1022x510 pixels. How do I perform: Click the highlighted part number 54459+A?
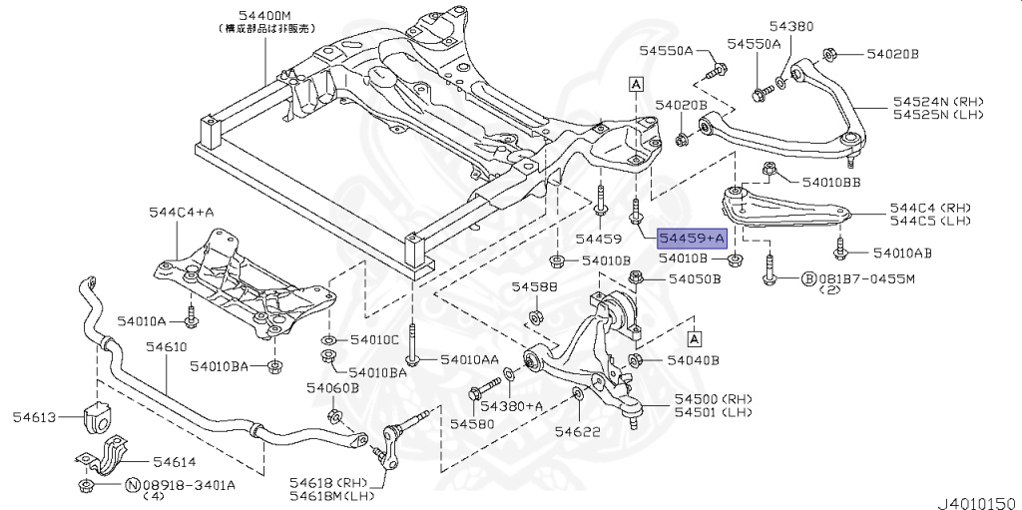[x=691, y=240]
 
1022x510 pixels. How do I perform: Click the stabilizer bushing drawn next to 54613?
[x=99, y=418]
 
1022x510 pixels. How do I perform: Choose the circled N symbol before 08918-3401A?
[x=132, y=485]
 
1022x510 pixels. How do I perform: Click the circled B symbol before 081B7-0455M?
[x=809, y=278]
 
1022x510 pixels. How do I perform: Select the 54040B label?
[x=693, y=359]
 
